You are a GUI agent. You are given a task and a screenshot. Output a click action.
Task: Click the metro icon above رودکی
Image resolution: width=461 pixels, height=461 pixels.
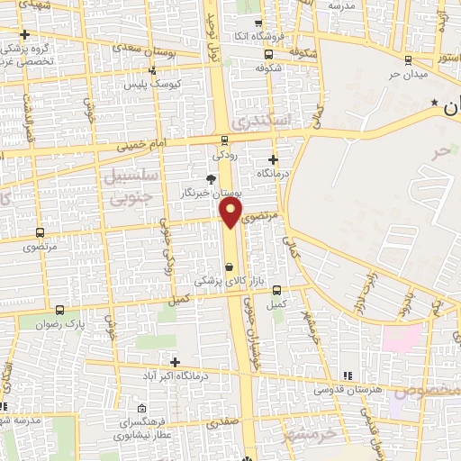224,140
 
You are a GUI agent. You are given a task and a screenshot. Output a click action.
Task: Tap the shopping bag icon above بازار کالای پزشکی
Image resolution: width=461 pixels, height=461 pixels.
230,267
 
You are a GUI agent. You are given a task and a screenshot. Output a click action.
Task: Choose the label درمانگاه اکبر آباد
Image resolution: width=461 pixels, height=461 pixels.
176,374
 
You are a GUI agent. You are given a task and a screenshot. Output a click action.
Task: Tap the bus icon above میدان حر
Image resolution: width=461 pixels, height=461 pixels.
409,60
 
